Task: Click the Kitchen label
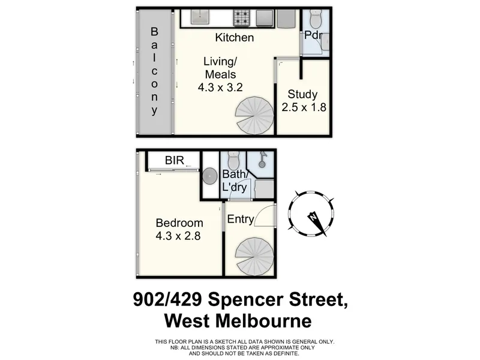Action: tap(235, 38)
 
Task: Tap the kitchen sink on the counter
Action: tap(200, 17)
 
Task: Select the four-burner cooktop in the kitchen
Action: tap(242, 17)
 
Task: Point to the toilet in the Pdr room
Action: tap(316, 19)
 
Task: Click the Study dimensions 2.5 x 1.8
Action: tap(304, 107)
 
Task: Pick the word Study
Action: tap(302, 94)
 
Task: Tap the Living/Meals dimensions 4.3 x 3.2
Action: tap(220, 87)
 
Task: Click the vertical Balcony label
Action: tap(154, 71)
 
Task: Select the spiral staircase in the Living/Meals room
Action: tap(254, 115)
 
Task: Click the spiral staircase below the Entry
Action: tap(254, 257)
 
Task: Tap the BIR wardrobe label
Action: tap(175, 160)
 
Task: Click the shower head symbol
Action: tap(262, 160)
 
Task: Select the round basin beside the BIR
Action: tap(209, 176)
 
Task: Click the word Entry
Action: tap(241, 219)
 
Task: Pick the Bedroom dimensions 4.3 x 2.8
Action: tap(178, 236)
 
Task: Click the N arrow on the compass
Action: tap(317, 222)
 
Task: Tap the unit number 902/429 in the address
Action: tap(167, 299)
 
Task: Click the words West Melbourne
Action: tap(238, 321)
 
